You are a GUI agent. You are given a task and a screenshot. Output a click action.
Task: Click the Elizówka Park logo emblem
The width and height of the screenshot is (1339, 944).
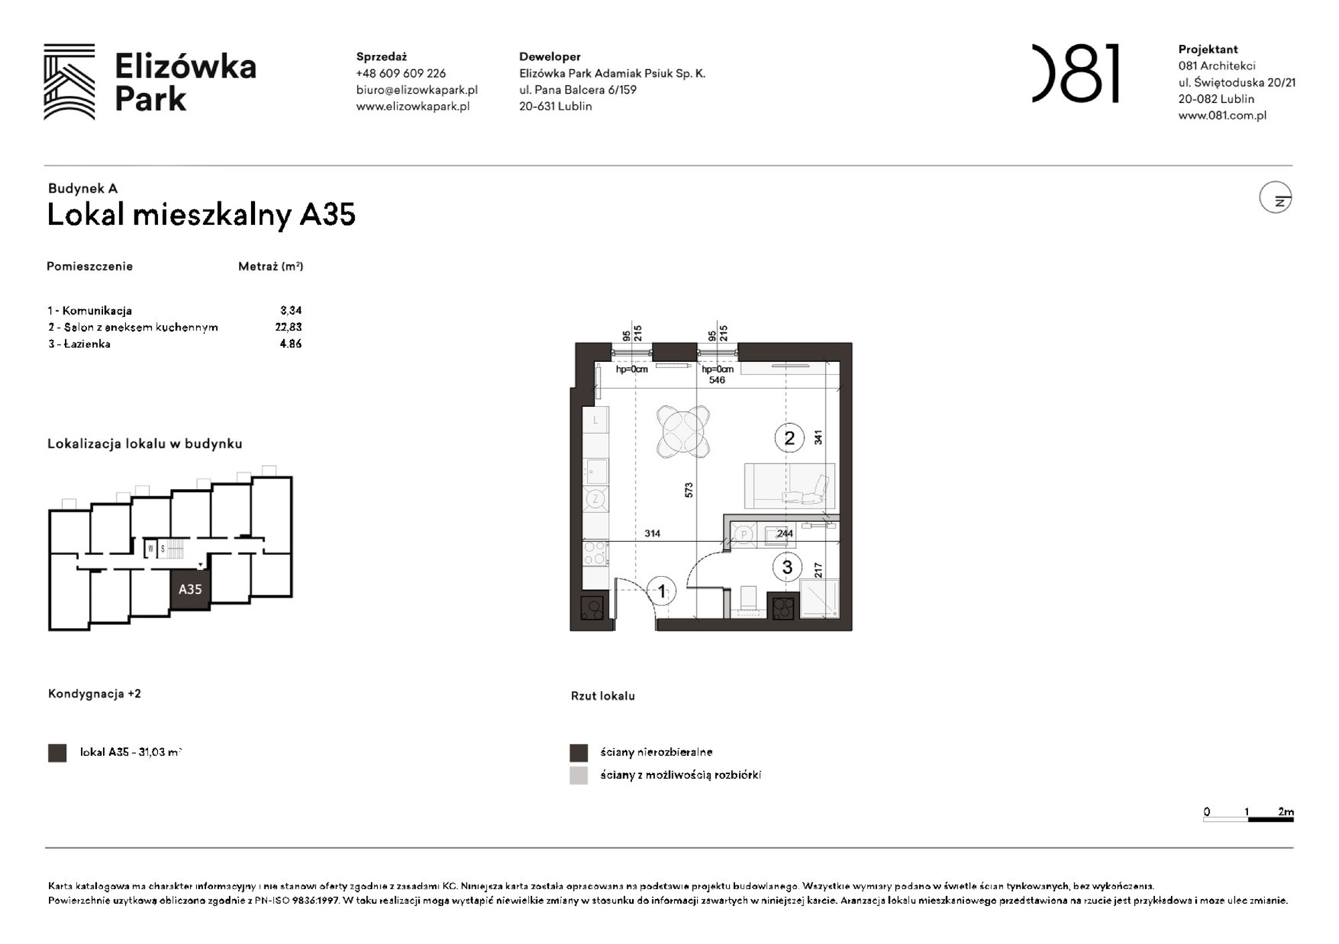pos(69,82)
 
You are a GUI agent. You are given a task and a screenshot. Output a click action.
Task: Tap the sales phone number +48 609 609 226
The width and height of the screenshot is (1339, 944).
pos(400,74)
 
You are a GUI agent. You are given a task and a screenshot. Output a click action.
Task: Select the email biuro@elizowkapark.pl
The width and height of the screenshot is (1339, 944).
pos(416,90)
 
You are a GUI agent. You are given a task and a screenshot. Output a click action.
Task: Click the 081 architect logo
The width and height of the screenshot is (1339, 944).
pos(1075,74)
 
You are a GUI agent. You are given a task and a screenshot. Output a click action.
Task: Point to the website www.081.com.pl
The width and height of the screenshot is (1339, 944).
pos(1222,115)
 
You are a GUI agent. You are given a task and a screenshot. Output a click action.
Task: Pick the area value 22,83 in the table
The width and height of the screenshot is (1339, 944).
pos(288,327)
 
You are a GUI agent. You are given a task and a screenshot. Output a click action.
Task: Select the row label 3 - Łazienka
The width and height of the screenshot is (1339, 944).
pos(79,344)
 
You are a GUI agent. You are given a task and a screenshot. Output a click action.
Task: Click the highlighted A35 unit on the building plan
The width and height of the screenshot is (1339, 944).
pos(190,589)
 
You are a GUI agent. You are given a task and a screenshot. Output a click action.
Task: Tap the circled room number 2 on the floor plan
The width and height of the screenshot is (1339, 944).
pos(789,438)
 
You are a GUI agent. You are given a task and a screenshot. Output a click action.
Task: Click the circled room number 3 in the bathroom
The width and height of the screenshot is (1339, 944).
pos(787,567)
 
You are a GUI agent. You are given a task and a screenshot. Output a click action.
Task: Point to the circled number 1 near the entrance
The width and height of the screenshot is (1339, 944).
pos(661,591)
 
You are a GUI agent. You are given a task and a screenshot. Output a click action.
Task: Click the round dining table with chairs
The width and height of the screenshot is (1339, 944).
pos(683,432)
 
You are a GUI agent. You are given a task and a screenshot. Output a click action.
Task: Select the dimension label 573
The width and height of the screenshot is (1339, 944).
pos(689,490)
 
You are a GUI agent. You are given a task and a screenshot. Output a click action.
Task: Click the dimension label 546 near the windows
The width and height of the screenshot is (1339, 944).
pos(716,380)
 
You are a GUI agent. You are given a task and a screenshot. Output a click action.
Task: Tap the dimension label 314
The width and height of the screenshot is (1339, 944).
pos(652,533)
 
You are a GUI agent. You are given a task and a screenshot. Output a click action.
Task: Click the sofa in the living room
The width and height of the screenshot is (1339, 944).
pos(789,486)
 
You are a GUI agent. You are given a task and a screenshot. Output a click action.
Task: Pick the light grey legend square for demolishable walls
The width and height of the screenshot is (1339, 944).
pos(578,775)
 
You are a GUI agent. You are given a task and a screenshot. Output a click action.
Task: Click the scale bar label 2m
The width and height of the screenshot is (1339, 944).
pos(1285,812)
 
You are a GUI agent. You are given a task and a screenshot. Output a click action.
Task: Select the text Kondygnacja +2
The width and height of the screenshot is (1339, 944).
pos(94,694)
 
